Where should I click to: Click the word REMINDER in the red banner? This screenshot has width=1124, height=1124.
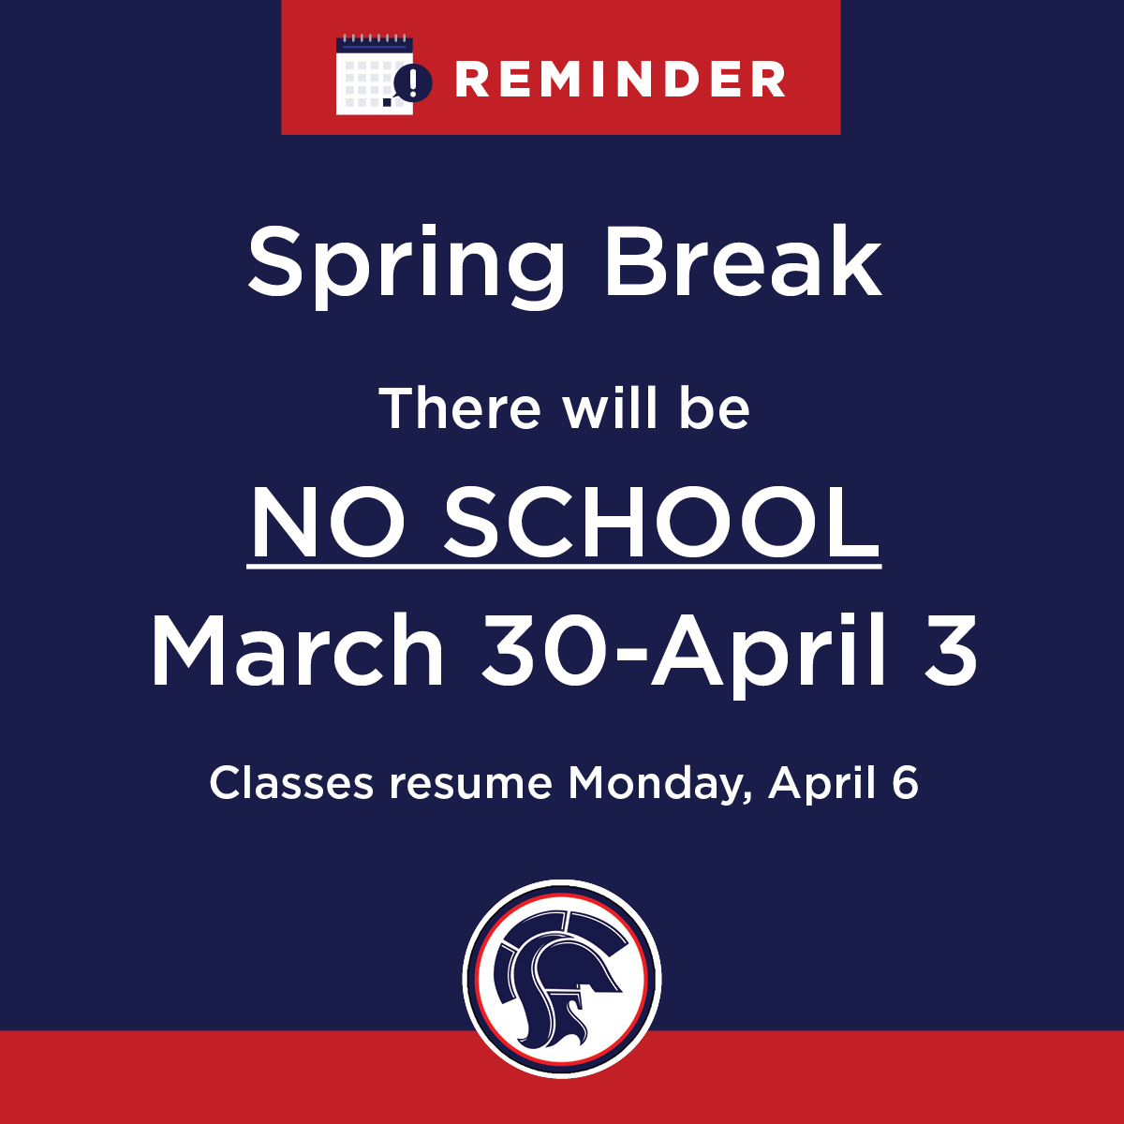[620, 80]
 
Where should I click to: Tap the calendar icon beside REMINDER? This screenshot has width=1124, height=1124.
[374, 75]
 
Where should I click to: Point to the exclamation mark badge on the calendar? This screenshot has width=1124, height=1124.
[413, 81]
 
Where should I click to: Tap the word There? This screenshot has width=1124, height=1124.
[460, 409]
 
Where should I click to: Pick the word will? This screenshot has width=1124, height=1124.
[611, 409]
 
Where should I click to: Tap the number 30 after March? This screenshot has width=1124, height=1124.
[544, 650]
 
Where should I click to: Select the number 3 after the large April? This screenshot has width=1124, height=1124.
[944, 650]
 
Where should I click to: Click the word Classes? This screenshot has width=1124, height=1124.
[291, 783]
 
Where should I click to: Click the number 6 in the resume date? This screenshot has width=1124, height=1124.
[904, 783]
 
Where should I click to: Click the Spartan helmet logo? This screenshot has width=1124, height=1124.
[562, 978]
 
